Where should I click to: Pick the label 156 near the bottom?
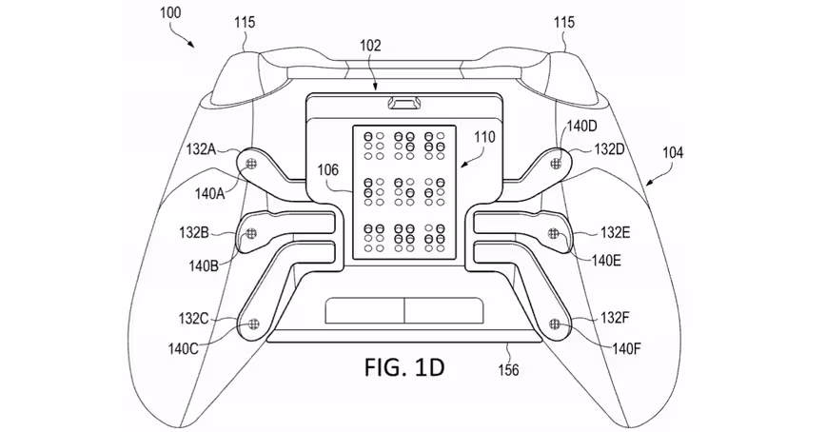tap(509, 370)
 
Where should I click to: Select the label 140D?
tap(580, 126)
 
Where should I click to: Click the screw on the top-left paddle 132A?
tap(251, 165)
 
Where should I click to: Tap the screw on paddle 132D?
tap(557, 164)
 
